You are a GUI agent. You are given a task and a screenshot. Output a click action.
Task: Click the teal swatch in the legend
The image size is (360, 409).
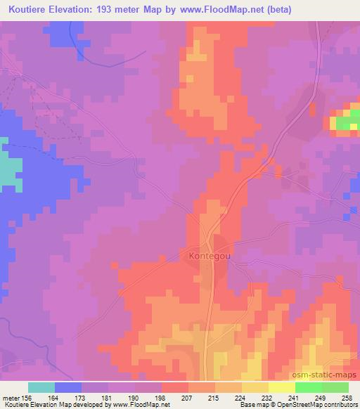(x=41, y=387)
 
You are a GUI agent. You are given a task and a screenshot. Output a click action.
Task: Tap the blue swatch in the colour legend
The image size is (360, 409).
(x=68, y=387)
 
